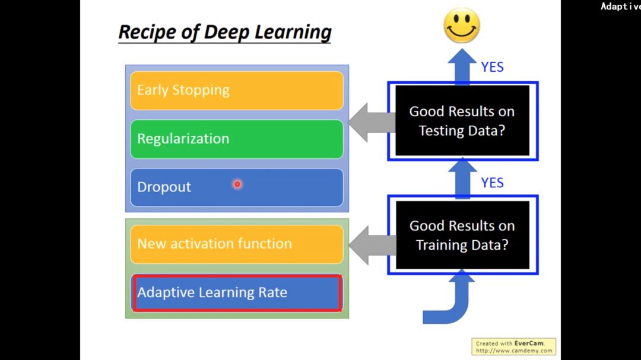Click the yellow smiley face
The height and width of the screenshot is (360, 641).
coord(462,26)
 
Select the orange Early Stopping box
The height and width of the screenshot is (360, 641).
coord(236,90)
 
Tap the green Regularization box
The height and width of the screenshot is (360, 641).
coord(236,139)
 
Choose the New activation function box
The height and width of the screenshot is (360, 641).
coord(236,244)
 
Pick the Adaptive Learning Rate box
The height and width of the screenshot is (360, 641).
coord(236,292)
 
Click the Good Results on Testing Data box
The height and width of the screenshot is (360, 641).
coord(462,121)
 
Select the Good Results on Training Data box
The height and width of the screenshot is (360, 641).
coord(462,235)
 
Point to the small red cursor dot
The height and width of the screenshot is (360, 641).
coord(237,184)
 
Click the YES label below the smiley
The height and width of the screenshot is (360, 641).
coord(492,67)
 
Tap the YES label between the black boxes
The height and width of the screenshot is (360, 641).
coord(492,183)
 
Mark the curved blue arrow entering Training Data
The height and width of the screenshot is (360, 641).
coord(451,302)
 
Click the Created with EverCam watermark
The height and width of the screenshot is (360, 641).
coord(513,346)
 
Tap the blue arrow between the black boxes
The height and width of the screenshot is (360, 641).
coord(462,179)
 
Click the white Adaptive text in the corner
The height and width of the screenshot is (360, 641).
coord(620,7)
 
